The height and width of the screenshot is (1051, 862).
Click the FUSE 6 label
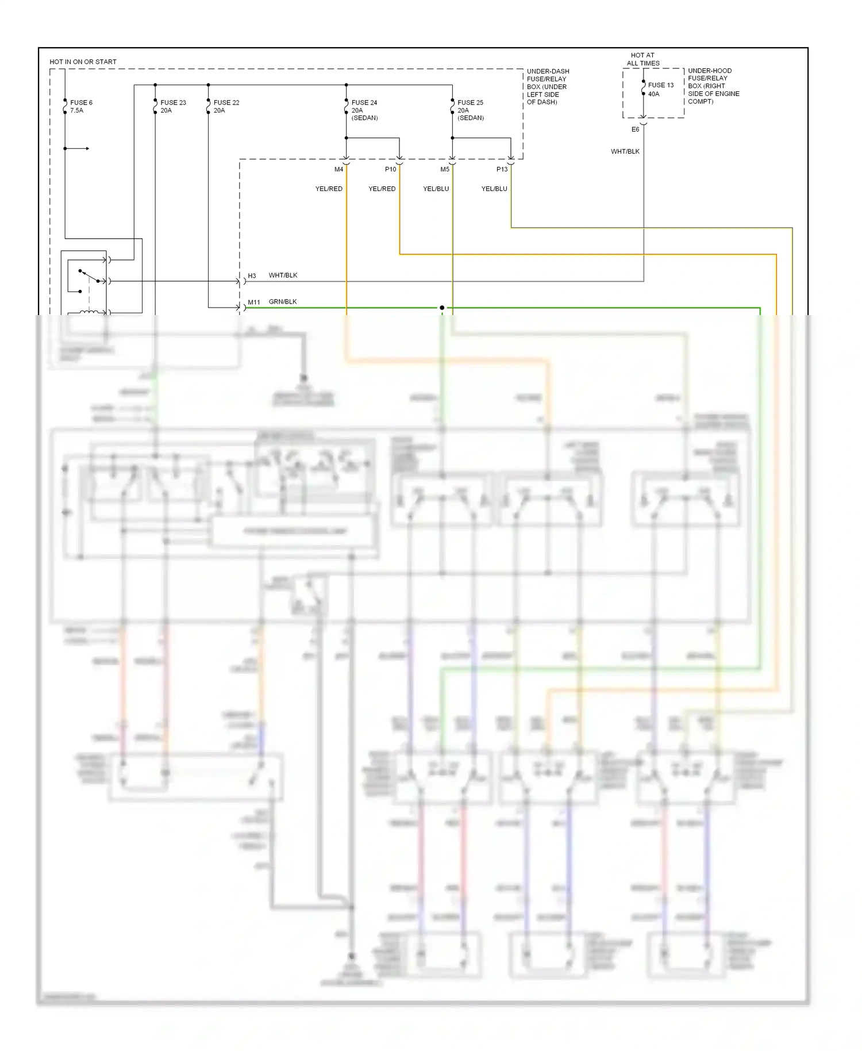tap(81, 103)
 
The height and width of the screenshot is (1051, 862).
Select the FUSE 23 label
tap(173, 103)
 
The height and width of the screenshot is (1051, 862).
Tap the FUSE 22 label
tap(226, 103)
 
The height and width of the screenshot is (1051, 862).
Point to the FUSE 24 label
tap(364, 103)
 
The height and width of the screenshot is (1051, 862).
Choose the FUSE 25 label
tap(470, 103)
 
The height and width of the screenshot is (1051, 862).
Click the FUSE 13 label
tap(661, 85)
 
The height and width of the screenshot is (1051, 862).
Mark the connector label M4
tap(339, 170)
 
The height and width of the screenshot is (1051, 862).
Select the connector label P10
tap(390, 170)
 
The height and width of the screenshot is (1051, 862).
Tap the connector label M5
tap(445, 170)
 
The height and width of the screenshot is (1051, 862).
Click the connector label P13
tap(502, 170)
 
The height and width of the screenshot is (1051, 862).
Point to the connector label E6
tap(635, 130)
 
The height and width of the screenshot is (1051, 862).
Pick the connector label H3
tap(252, 276)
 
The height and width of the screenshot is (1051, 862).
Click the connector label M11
tap(254, 302)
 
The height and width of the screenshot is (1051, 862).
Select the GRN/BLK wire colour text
tap(283, 302)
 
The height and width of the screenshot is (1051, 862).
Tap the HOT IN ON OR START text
tap(83, 62)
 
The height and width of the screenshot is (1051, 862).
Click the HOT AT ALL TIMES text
tap(642, 59)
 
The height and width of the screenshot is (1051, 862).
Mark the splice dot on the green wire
tap(442, 308)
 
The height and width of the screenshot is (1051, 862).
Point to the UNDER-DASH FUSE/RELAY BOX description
tap(548, 87)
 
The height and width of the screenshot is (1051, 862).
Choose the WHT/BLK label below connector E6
tap(625, 152)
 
